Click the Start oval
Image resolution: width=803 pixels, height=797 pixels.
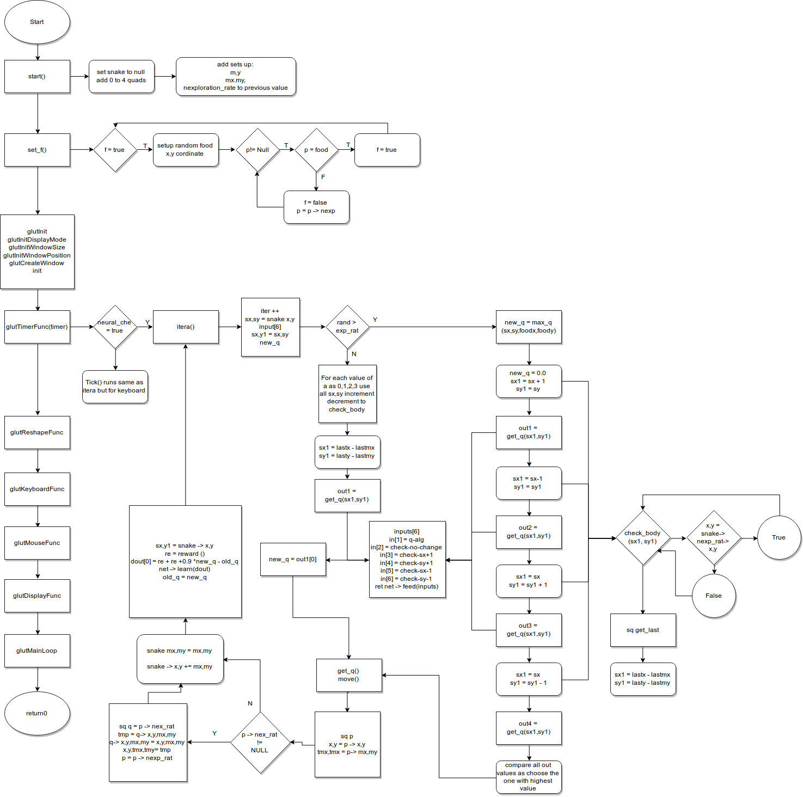click(x=37, y=22)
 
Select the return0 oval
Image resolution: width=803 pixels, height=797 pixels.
click(x=37, y=713)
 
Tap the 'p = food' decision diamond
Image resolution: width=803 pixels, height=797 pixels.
click(x=316, y=150)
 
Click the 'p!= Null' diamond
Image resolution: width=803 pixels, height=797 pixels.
click(x=258, y=150)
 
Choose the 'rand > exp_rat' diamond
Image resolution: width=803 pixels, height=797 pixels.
click(x=347, y=327)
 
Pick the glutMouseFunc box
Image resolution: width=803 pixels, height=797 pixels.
click(x=37, y=543)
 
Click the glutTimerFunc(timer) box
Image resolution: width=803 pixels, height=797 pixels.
click(x=37, y=327)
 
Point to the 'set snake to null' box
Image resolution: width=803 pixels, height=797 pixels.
click(x=121, y=76)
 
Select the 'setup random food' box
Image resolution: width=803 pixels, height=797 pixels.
click(x=185, y=150)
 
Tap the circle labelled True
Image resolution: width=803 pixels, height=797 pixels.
click(x=779, y=537)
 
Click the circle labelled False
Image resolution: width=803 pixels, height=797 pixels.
click(x=714, y=596)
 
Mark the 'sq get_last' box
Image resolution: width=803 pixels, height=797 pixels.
click(x=643, y=630)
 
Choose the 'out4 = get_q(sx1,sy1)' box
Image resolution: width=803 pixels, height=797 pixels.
click(x=528, y=728)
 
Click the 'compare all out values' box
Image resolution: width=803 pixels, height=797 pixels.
click(x=528, y=777)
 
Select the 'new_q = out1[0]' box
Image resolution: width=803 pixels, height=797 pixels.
click(x=293, y=559)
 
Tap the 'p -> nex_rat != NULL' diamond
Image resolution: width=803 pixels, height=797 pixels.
click(x=260, y=743)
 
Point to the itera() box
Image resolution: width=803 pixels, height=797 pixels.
click(x=186, y=327)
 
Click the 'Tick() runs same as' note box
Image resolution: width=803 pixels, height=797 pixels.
click(x=115, y=387)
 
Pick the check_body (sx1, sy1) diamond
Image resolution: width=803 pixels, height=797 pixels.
click(x=643, y=538)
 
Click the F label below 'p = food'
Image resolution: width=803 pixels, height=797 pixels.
click(x=323, y=177)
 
